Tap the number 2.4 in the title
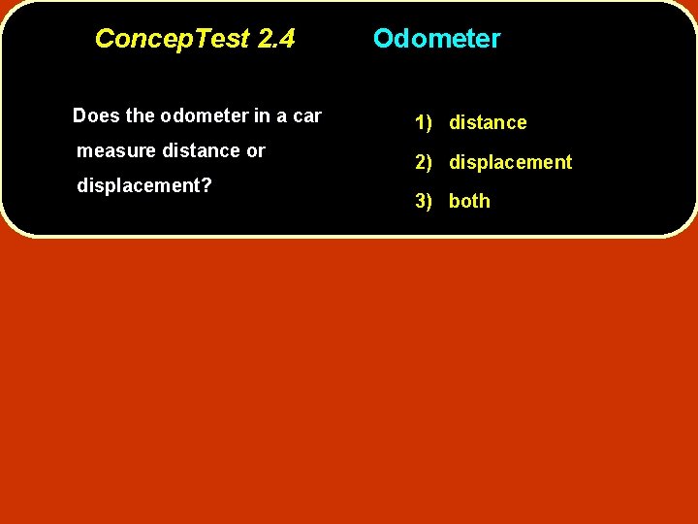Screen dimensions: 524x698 (276, 39)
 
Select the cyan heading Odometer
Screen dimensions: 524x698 (436, 39)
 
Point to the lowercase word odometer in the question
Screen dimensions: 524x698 (205, 116)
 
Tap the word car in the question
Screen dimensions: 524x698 (307, 116)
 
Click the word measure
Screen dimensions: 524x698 (106, 151)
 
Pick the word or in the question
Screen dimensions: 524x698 (256, 151)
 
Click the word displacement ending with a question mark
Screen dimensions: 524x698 (139, 185)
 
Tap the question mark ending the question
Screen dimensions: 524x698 (207, 185)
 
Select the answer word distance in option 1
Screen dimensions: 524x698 (488, 123)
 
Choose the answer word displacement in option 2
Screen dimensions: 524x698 (510, 162)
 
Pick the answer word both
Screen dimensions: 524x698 (469, 202)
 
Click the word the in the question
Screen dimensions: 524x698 (140, 116)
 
